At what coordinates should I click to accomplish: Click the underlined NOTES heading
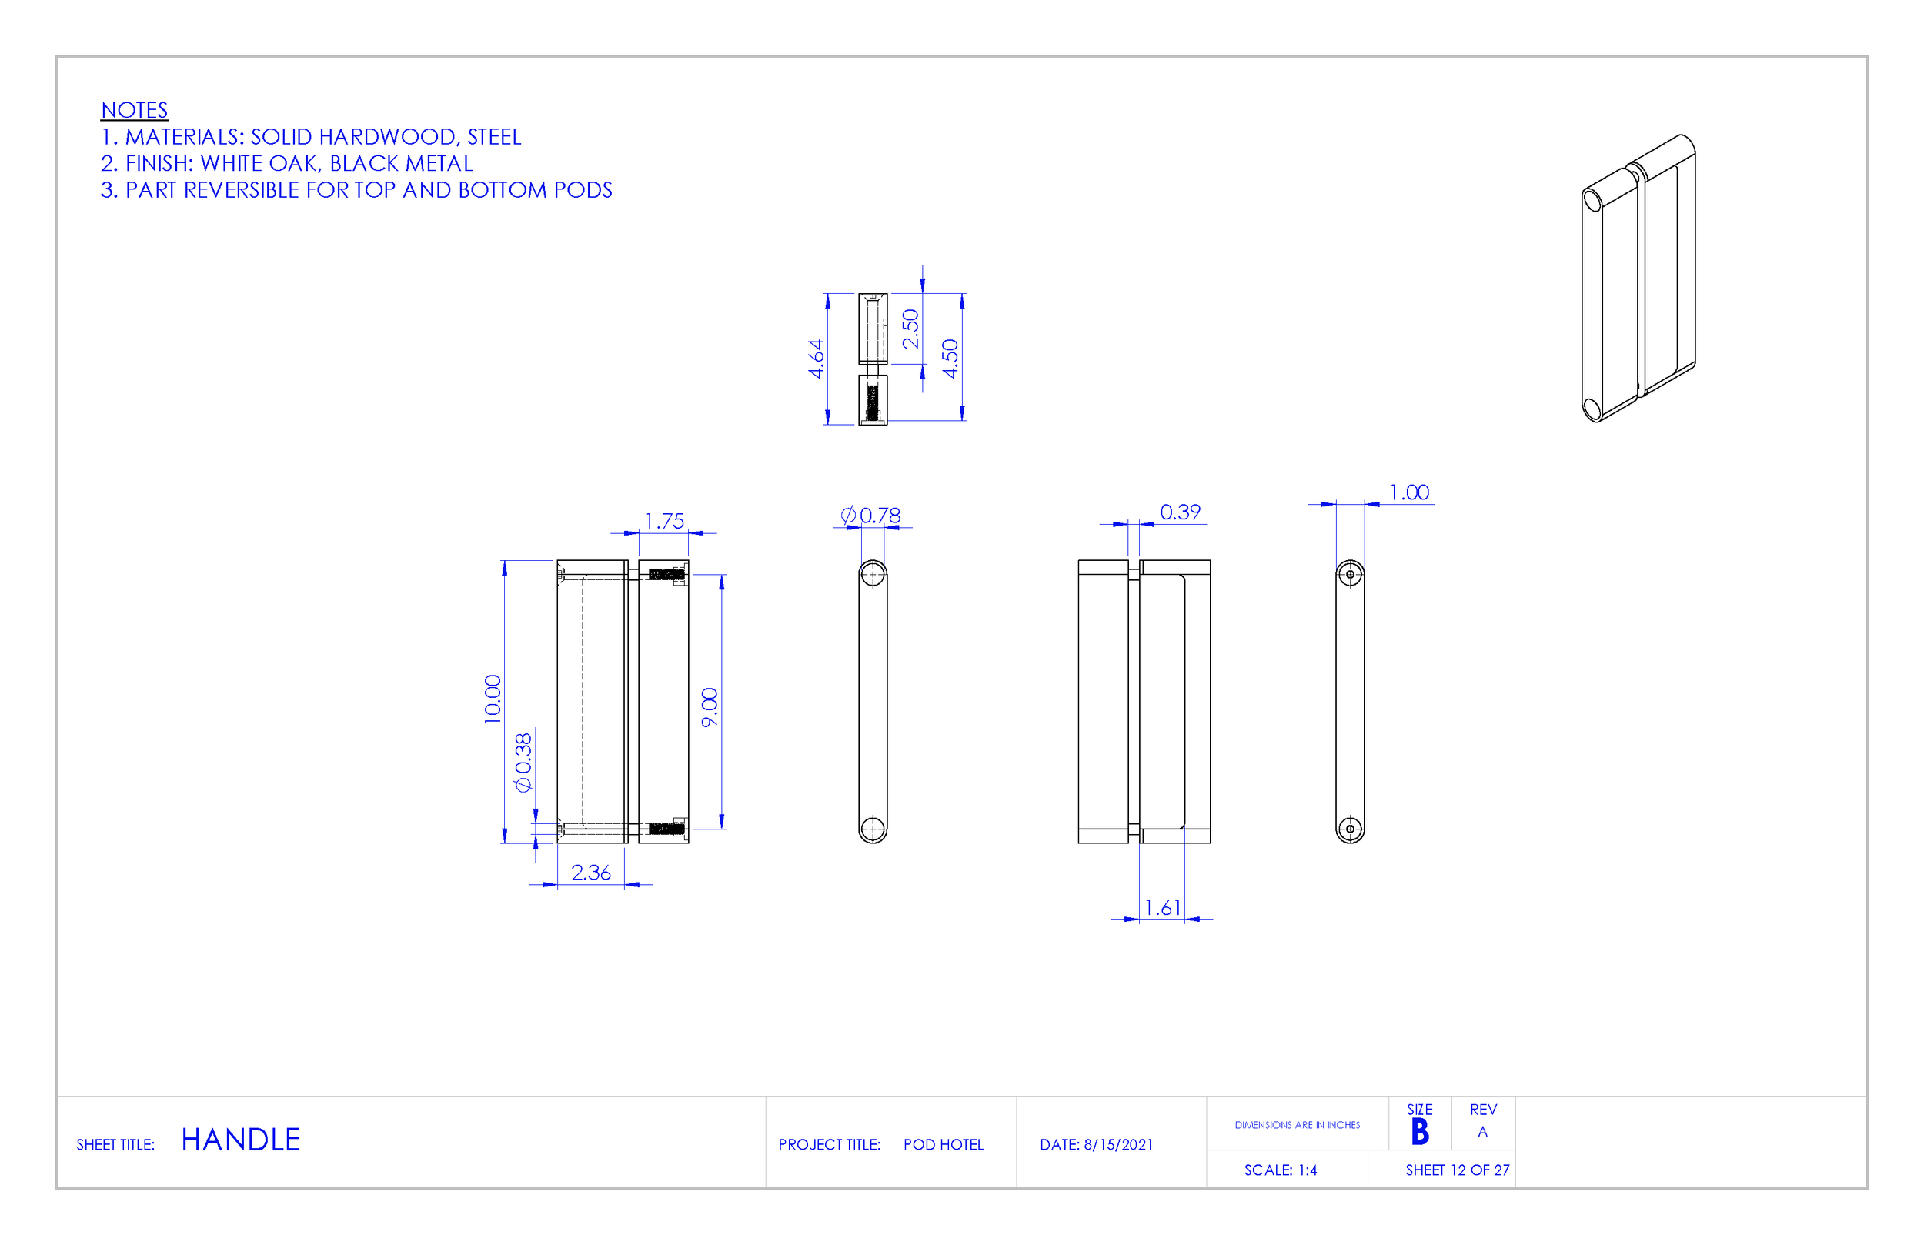(134, 110)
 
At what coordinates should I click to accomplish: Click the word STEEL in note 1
(494, 137)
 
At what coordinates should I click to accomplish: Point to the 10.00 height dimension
(493, 699)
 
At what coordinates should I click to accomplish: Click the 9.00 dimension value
(709, 707)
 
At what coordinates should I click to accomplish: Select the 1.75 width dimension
(663, 522)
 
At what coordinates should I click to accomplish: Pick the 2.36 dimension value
(590, 873)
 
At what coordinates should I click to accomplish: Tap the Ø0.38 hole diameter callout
(524, 763)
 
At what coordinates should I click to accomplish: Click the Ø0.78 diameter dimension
(870, 515)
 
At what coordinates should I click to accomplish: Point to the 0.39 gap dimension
(1180, 512)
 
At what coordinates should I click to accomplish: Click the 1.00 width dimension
(1408, 492)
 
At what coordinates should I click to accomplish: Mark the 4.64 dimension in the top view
(816, 358)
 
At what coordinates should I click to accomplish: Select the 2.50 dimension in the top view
(910, 329)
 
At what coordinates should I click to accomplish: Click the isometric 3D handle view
(1637, 279)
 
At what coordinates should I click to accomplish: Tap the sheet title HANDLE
(240, 1140)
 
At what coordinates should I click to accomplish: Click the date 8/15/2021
(1118, 1145)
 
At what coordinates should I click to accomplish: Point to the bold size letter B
(1420, 1133)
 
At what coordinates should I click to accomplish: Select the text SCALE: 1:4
(1280, 1170)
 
